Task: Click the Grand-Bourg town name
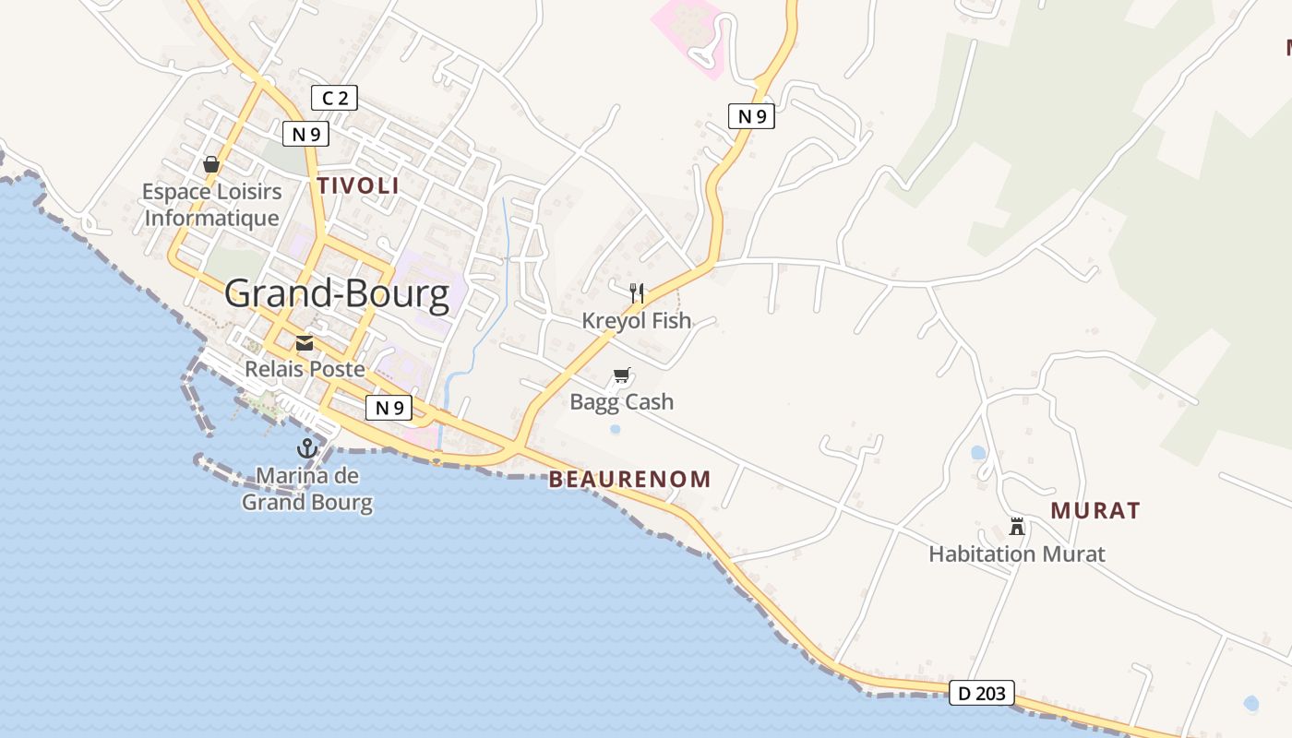tap(337, 294)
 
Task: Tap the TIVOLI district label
tap(358, 185)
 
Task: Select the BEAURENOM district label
tap(630, 480)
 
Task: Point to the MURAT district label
tap(1095, 510)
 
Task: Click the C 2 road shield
tap(334, 98)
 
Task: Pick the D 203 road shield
tap(982, 693)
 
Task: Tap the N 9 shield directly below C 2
tap(305, 134)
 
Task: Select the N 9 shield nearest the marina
tap(389, 407)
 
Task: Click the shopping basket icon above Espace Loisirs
tap(211, 164)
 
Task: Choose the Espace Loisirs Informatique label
tap(212, 205)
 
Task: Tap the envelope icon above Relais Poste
tap(305, 344)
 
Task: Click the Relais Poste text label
tap(305, 369)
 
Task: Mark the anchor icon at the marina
tap(307, 449)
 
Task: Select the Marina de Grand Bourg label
tap(307, 490)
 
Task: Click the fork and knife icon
tap(637, 294)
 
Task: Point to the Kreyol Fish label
tap(637, 321)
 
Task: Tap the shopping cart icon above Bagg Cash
tap(622, 375)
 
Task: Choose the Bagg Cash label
tap(622, 402)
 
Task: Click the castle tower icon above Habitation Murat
tap(1017, 527)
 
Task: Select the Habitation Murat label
tap(1017, 554)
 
